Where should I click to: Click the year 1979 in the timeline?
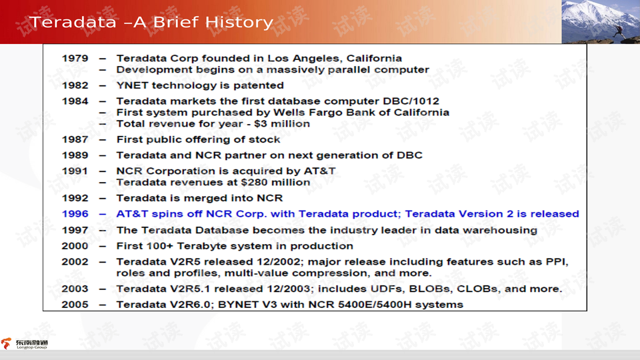(75, 59)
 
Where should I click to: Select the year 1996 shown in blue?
(75, 214)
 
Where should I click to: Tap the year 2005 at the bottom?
(75, 305)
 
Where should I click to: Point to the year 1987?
(75, 139)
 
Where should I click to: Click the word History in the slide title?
(239, 22)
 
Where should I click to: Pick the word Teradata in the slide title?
(73, 22)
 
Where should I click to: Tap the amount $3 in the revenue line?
(260, 124)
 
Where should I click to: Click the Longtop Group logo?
(25, 344)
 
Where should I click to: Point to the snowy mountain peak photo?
(601, 21)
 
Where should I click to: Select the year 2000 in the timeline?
(75, 246)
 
